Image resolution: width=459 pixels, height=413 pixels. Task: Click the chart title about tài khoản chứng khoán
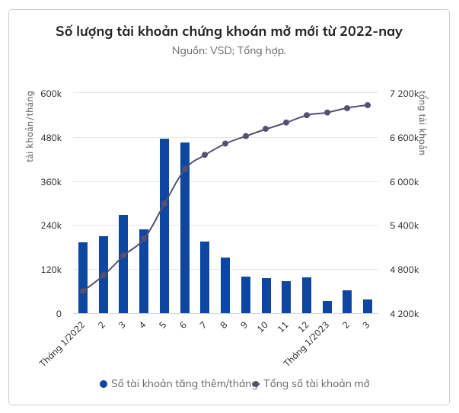(x=229, y=32)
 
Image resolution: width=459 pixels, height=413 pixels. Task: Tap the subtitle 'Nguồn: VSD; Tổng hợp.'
(x=229, y=51)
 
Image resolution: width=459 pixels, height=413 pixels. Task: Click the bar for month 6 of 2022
(x=185, y=228)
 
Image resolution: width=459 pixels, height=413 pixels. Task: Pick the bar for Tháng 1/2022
(x=83, y=277)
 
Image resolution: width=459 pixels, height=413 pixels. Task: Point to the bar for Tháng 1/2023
(x=327, y=307)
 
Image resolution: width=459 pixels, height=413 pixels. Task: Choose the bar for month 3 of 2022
(x=123, y=264)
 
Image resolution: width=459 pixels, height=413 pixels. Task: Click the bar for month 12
(x=307, y=295)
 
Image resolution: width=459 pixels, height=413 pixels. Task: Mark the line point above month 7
(x=205, y=155)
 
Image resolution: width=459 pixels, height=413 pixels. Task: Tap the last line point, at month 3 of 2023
(x=368, y=104)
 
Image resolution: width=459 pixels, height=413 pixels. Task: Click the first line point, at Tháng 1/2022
(x=83, y=291)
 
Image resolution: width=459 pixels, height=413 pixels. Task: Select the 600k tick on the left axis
(x=51, y=94)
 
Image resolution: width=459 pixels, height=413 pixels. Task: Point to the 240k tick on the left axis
(x=51, y=226)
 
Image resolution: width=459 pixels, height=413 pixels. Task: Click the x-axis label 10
(x=263, y=326)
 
